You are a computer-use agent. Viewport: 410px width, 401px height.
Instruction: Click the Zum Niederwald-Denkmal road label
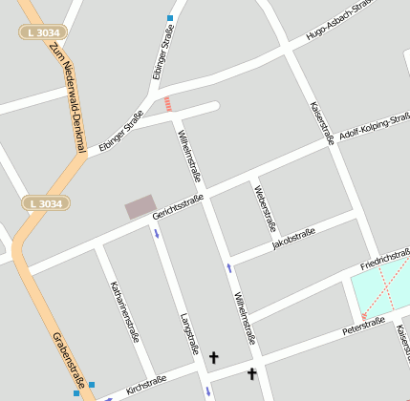(x=68, y=95)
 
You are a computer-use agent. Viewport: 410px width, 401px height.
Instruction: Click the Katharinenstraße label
(x=124, y=311)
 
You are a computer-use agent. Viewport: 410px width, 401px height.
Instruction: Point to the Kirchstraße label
(x=146, y=384)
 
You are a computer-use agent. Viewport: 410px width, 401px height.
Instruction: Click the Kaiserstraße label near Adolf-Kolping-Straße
(x=323, y=123)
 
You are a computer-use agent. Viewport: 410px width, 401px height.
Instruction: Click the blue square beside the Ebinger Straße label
(x=170, y=18)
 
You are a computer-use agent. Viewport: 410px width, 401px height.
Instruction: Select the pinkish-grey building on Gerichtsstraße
(x=140, y=205)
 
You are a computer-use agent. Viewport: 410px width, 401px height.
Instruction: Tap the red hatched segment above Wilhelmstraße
(x=169, y=103)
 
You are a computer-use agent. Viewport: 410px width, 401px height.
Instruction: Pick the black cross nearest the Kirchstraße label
(x=213, y=358)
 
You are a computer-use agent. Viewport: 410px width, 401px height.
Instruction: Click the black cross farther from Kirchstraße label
(x=252, y=373)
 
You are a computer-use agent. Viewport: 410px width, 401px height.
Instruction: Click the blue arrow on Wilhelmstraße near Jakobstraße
(x=229, y=267)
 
